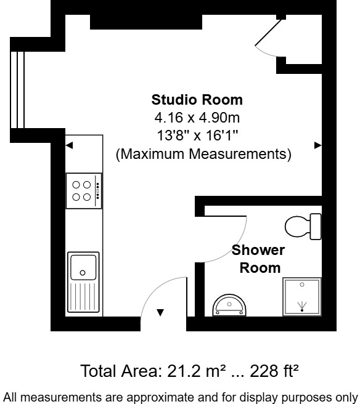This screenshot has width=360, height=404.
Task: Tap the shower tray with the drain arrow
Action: pyautogui.click(x=301, y=297)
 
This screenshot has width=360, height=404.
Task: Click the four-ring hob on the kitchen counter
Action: pyautogui.click(x=83, y=190)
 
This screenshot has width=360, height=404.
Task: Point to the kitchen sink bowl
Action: pyautogui.click(x=83, y=267)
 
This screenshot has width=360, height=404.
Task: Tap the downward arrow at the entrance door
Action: pyautogui.click(x=160, y=313)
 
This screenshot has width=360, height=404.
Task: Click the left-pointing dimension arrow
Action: pyautogui.click(x=70, y=145)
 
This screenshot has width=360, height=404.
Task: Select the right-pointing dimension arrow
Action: pyautogui.click(x=317, y=145)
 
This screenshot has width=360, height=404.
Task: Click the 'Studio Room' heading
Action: pyautogui.click(x=197, y=100)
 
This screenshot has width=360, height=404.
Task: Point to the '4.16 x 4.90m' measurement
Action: pyautogui.click(x=197, y=118)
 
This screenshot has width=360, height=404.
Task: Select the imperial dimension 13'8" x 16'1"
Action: pyautogui.click(x=197, y=135)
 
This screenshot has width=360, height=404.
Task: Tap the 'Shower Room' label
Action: pyautogui.click(x=259, y=259)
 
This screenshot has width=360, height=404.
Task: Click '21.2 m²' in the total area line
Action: pyautogui.click(x=184, y=371)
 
